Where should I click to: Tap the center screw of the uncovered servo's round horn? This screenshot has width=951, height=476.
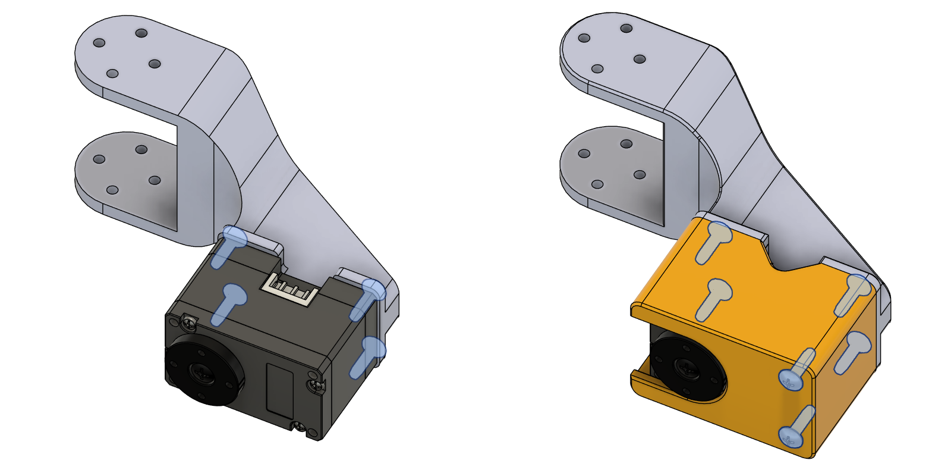coord(198,372)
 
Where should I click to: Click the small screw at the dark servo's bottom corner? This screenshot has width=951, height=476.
coord(299,427)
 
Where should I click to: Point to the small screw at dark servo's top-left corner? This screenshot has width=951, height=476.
coord(189,322)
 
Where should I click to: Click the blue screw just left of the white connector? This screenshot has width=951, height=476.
coord(233,295)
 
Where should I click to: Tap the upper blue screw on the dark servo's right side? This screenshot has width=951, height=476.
coord(374,290)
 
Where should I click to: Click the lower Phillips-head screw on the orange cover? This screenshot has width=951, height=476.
coord(791,437)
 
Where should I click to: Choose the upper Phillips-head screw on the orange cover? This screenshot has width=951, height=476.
coord(791,379)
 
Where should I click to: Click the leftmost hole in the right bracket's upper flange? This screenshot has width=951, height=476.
coord(584,38)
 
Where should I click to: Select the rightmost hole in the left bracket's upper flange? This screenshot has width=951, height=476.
coord(155,64)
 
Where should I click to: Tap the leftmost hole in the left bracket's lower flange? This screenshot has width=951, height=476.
coord(99,159)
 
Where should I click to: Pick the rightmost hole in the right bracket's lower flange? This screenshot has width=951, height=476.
coord(640,175)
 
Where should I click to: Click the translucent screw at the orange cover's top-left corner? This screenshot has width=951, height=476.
coord(719,233)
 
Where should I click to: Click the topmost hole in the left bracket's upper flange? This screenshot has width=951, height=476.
coord(141,33)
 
